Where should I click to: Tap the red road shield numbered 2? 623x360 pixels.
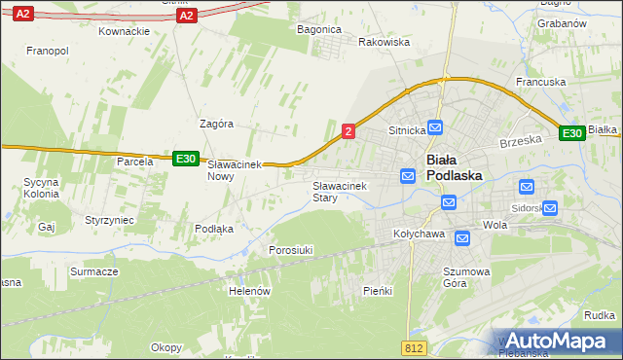tap(348, 130)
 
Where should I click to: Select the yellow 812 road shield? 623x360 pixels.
tap(413, 347)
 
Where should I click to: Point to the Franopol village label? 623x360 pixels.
tap(47, 50)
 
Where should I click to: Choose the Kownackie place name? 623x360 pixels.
tap(124, 31)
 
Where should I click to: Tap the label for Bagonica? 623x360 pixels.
tap(318, 29)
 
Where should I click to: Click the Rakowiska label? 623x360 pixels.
tap(384, 43)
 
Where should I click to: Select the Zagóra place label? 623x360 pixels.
tap(216, 124)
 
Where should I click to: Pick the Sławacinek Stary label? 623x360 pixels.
tap(338, 191)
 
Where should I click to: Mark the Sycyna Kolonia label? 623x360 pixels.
tap(42, 188)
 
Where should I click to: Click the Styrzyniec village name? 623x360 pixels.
tap(110, 221)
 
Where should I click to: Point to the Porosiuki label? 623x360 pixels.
tap(290, 250)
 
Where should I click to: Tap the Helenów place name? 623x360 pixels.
tap(248, 291)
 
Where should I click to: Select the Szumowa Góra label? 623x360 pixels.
tap(468, 277)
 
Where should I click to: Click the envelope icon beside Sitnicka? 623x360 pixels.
tap(435, 127)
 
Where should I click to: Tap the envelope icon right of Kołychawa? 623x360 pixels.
tap(461, 237)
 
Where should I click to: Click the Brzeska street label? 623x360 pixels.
tap(520, 140)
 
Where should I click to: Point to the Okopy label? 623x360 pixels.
tap(166, 347)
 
